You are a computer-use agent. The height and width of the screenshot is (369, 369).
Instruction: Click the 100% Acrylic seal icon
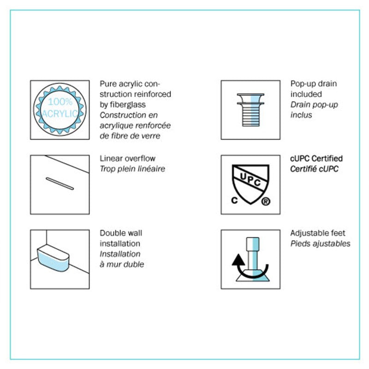pyautogui.click(x=60, y=109)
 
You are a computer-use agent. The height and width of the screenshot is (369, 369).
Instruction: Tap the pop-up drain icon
pyautogui.click(x=250, y=110)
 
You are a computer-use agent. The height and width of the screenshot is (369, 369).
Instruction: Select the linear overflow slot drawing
pyautogui.click(x=60, y=184)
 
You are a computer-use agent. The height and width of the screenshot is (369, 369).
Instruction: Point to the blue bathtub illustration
pyautogui.click(x=53, y=258)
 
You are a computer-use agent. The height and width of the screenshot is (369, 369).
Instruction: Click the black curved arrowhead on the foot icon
pyautogui.click(x=238, y=260)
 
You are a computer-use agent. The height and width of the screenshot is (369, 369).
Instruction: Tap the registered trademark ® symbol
pyautogui.click(x=266, y=202)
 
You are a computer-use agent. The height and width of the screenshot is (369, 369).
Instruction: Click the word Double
pyautogui.click(x=112, y=233)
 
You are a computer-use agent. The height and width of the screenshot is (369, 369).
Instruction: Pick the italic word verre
pyautogui.click(x=151, y=136)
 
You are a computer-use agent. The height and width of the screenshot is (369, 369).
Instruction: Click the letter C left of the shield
pyautogui.click(x=234, y=200)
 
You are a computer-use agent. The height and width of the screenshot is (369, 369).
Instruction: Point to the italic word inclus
pyautogui.click(x=301, y=115)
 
